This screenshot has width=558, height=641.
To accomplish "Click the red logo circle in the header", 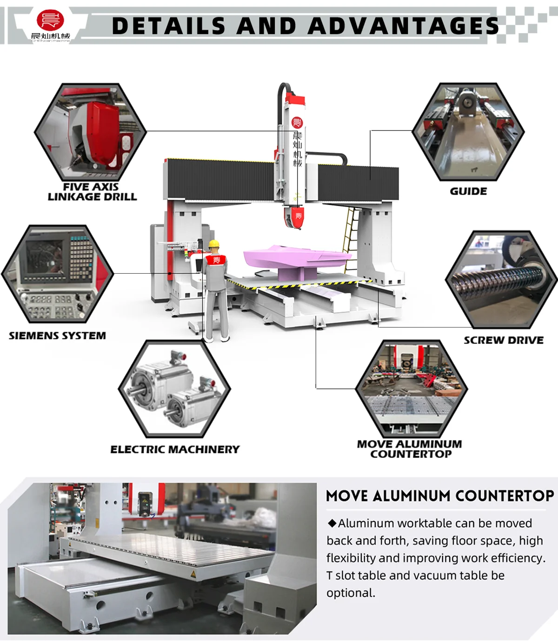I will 50,20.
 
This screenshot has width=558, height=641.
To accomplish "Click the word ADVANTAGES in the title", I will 403,26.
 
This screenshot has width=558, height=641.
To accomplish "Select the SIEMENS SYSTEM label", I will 57,336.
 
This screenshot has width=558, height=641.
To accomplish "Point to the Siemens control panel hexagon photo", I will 58,274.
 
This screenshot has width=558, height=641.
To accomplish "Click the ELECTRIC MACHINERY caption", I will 175,449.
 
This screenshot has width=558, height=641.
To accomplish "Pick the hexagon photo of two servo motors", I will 174,389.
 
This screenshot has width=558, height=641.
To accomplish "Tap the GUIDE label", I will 468,191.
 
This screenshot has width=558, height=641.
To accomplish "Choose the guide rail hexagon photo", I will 468,132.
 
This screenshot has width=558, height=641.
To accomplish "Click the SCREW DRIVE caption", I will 504,340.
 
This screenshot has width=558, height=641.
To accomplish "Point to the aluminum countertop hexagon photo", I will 412,388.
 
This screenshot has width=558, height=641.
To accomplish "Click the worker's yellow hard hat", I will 213,244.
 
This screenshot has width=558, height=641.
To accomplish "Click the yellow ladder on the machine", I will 351,233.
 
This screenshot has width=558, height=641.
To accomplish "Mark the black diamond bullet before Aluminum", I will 332,523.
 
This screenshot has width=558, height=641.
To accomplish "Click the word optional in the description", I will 350,593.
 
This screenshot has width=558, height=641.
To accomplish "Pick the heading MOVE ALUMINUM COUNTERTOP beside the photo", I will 440,496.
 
